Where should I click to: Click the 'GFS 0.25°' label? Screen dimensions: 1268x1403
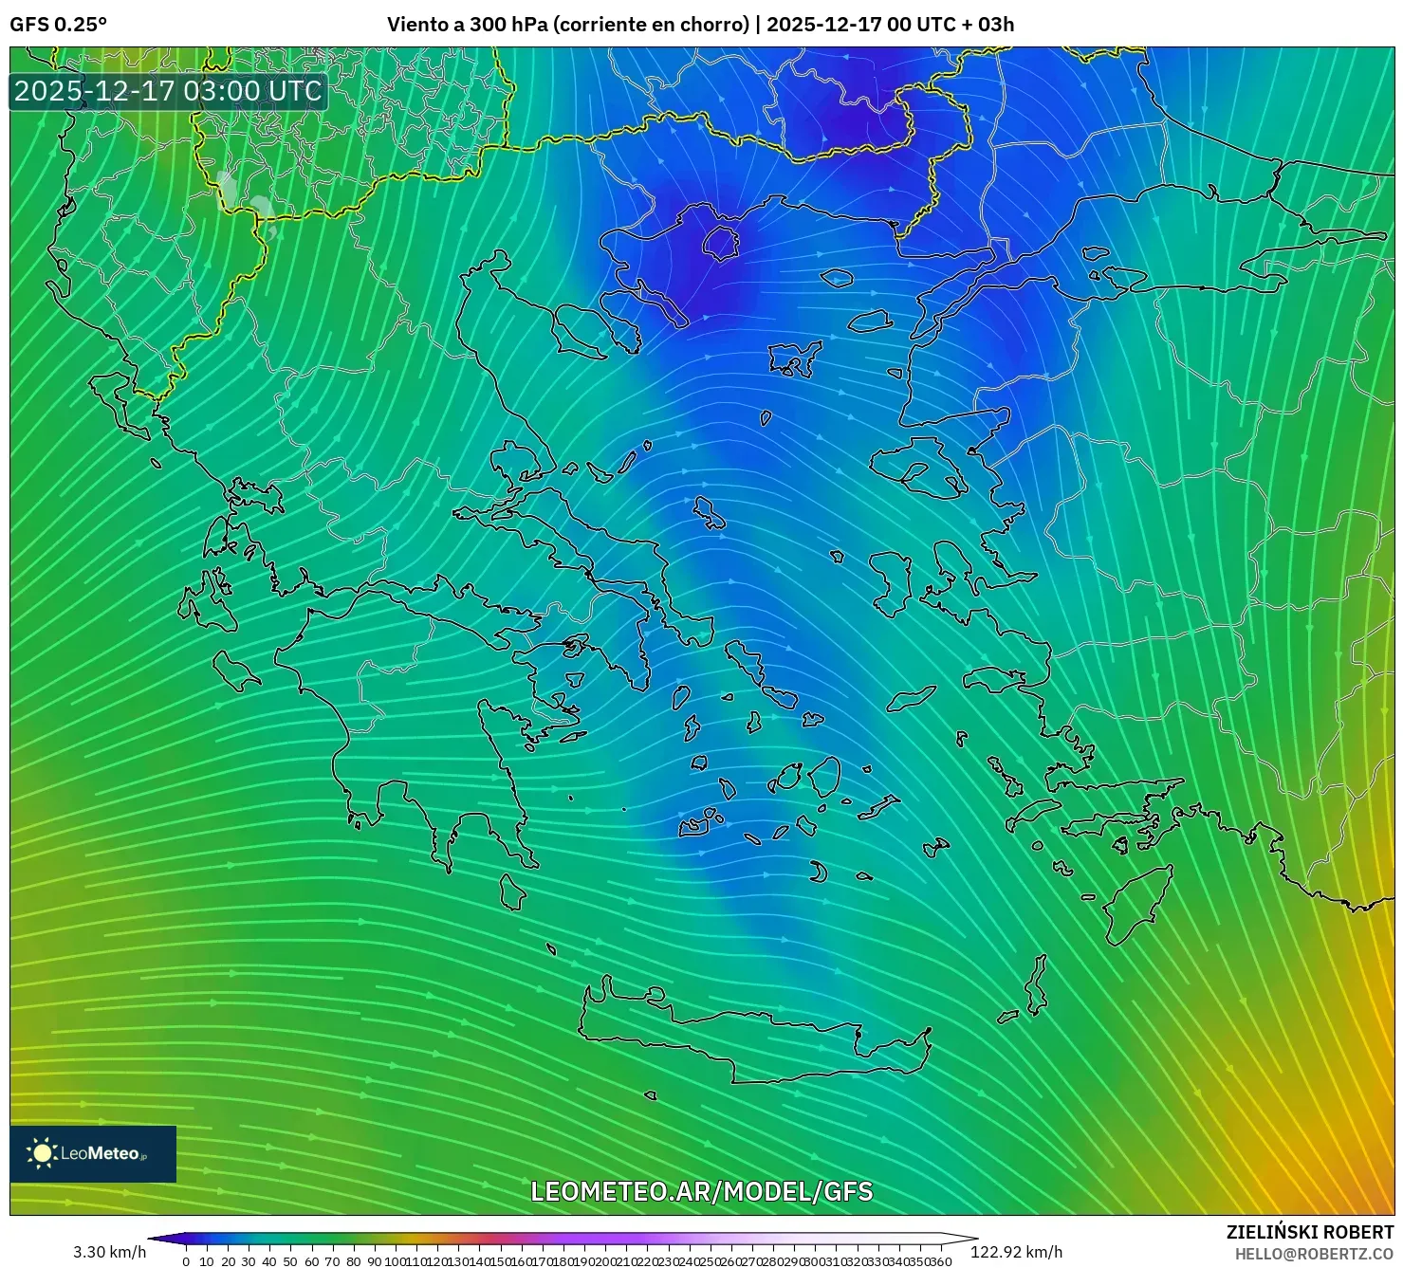tap(58, 24)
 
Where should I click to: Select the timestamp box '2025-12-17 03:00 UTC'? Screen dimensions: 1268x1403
tap(168, 91)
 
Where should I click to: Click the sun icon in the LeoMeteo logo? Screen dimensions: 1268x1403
tap(42, 1153)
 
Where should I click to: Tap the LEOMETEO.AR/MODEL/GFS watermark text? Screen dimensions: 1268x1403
tap(701, 1191)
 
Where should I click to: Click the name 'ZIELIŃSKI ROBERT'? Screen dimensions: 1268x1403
tap(1310, 1232)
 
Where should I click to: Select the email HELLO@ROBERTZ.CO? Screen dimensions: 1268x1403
tap(1314, 1254)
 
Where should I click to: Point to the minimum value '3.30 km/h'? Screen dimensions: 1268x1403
tap(109, 1252)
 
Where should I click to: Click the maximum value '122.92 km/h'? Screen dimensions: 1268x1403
tap(1016, 1252)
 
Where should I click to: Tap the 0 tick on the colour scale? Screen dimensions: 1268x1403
tap(186, 1261)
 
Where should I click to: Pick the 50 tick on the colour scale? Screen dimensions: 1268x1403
tap(290, 1261)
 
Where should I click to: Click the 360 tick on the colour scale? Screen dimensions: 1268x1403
tap(940, 1261)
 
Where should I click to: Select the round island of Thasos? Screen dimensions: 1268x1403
tap(721, 243)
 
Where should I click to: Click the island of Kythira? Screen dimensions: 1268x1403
tap(512, 891)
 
